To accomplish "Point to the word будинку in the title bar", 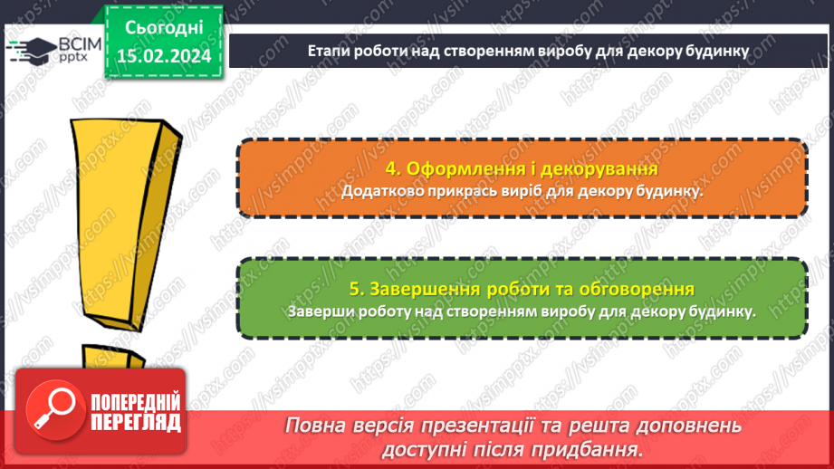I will [x=715, y=52].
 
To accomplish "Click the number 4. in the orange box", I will [x=392, y=169].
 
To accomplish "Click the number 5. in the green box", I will [x=357, y=290].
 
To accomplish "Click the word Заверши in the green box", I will [x=320, y=311].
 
